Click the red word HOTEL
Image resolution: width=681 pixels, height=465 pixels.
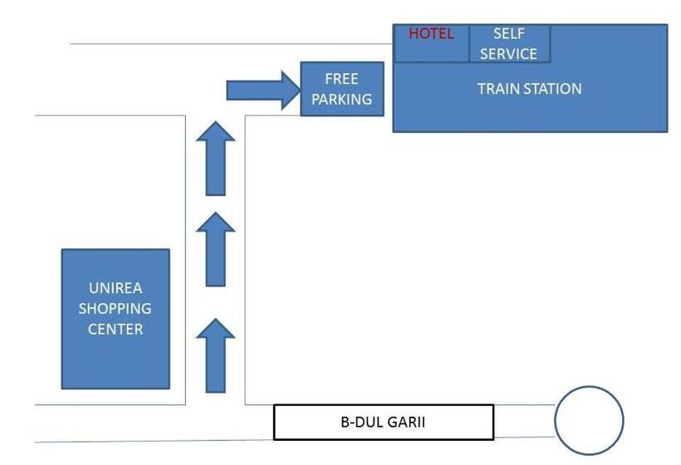(x=431, y=34)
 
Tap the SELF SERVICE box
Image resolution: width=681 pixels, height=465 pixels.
(x=509, y=44)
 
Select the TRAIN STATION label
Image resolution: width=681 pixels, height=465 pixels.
(x=529, y=89)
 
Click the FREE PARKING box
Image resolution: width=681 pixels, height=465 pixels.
(x=341, y=89)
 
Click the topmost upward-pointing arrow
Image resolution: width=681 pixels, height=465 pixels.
(x=215, y=158)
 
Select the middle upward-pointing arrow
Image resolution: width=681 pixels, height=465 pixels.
(x=215, y=249)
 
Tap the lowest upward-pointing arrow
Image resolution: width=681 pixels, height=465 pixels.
(x=215, y=355)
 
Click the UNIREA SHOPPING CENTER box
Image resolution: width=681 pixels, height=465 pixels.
(x=115, y=319)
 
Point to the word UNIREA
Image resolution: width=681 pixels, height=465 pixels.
(x=115, y=288)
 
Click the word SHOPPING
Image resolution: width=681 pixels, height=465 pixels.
(x=115, y=309)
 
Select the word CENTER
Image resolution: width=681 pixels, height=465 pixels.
(x=115, y=329)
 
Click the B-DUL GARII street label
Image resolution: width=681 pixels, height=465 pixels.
(x=383, y=422)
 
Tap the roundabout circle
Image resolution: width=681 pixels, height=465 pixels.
(x=589, y=420)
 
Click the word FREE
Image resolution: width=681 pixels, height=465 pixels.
(x=341, y=79)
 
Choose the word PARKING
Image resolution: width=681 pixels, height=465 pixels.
(x=341, y=100)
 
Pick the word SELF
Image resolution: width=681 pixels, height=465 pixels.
(x=509, y=34)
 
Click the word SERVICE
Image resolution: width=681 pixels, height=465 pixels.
(x=509, y=54)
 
